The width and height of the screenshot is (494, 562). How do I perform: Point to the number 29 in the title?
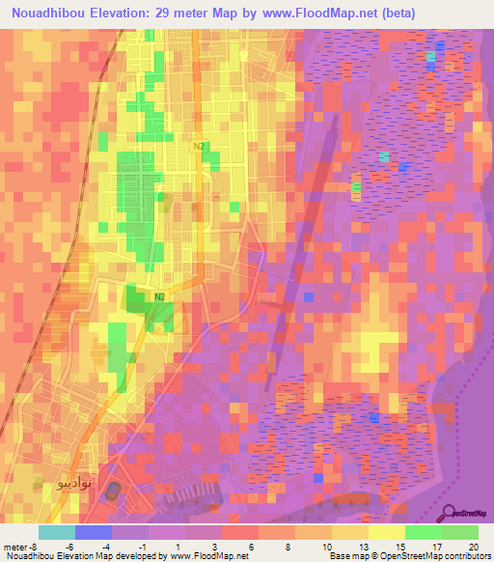[185, 13]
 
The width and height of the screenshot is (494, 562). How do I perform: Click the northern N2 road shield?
[199, 146]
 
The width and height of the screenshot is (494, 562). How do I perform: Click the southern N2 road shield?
[160, 296]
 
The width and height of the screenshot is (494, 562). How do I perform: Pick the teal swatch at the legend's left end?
[56, 532]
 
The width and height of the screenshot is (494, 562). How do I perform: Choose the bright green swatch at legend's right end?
[459, 532]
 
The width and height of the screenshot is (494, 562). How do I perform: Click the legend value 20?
[473, 546]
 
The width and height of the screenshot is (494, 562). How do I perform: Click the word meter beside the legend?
[16, 546]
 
